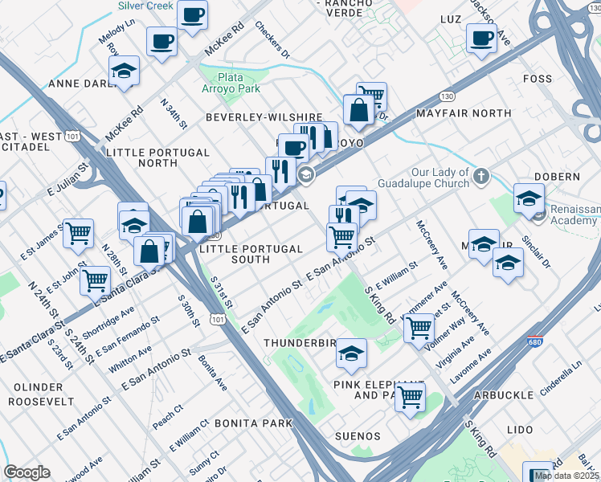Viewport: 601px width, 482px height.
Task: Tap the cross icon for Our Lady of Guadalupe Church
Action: (x=480, y=176)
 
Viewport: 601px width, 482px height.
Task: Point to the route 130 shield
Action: (x=447, y=96)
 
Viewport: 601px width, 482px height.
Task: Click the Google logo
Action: (x=27, y=472)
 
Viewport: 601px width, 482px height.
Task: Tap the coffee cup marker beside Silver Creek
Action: (x=193, y=14)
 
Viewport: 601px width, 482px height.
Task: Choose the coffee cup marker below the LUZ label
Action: (x=481, y=38)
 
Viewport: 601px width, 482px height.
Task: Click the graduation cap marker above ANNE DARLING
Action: (x=125, y=71)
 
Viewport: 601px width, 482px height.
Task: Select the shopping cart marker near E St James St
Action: (x=79, y=233)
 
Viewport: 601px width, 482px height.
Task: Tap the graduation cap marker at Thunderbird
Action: (x=351, y=353)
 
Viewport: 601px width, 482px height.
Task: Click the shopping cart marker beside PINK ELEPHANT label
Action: (x=411, y=395)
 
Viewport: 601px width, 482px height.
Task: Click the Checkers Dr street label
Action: (x=272, y=39)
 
